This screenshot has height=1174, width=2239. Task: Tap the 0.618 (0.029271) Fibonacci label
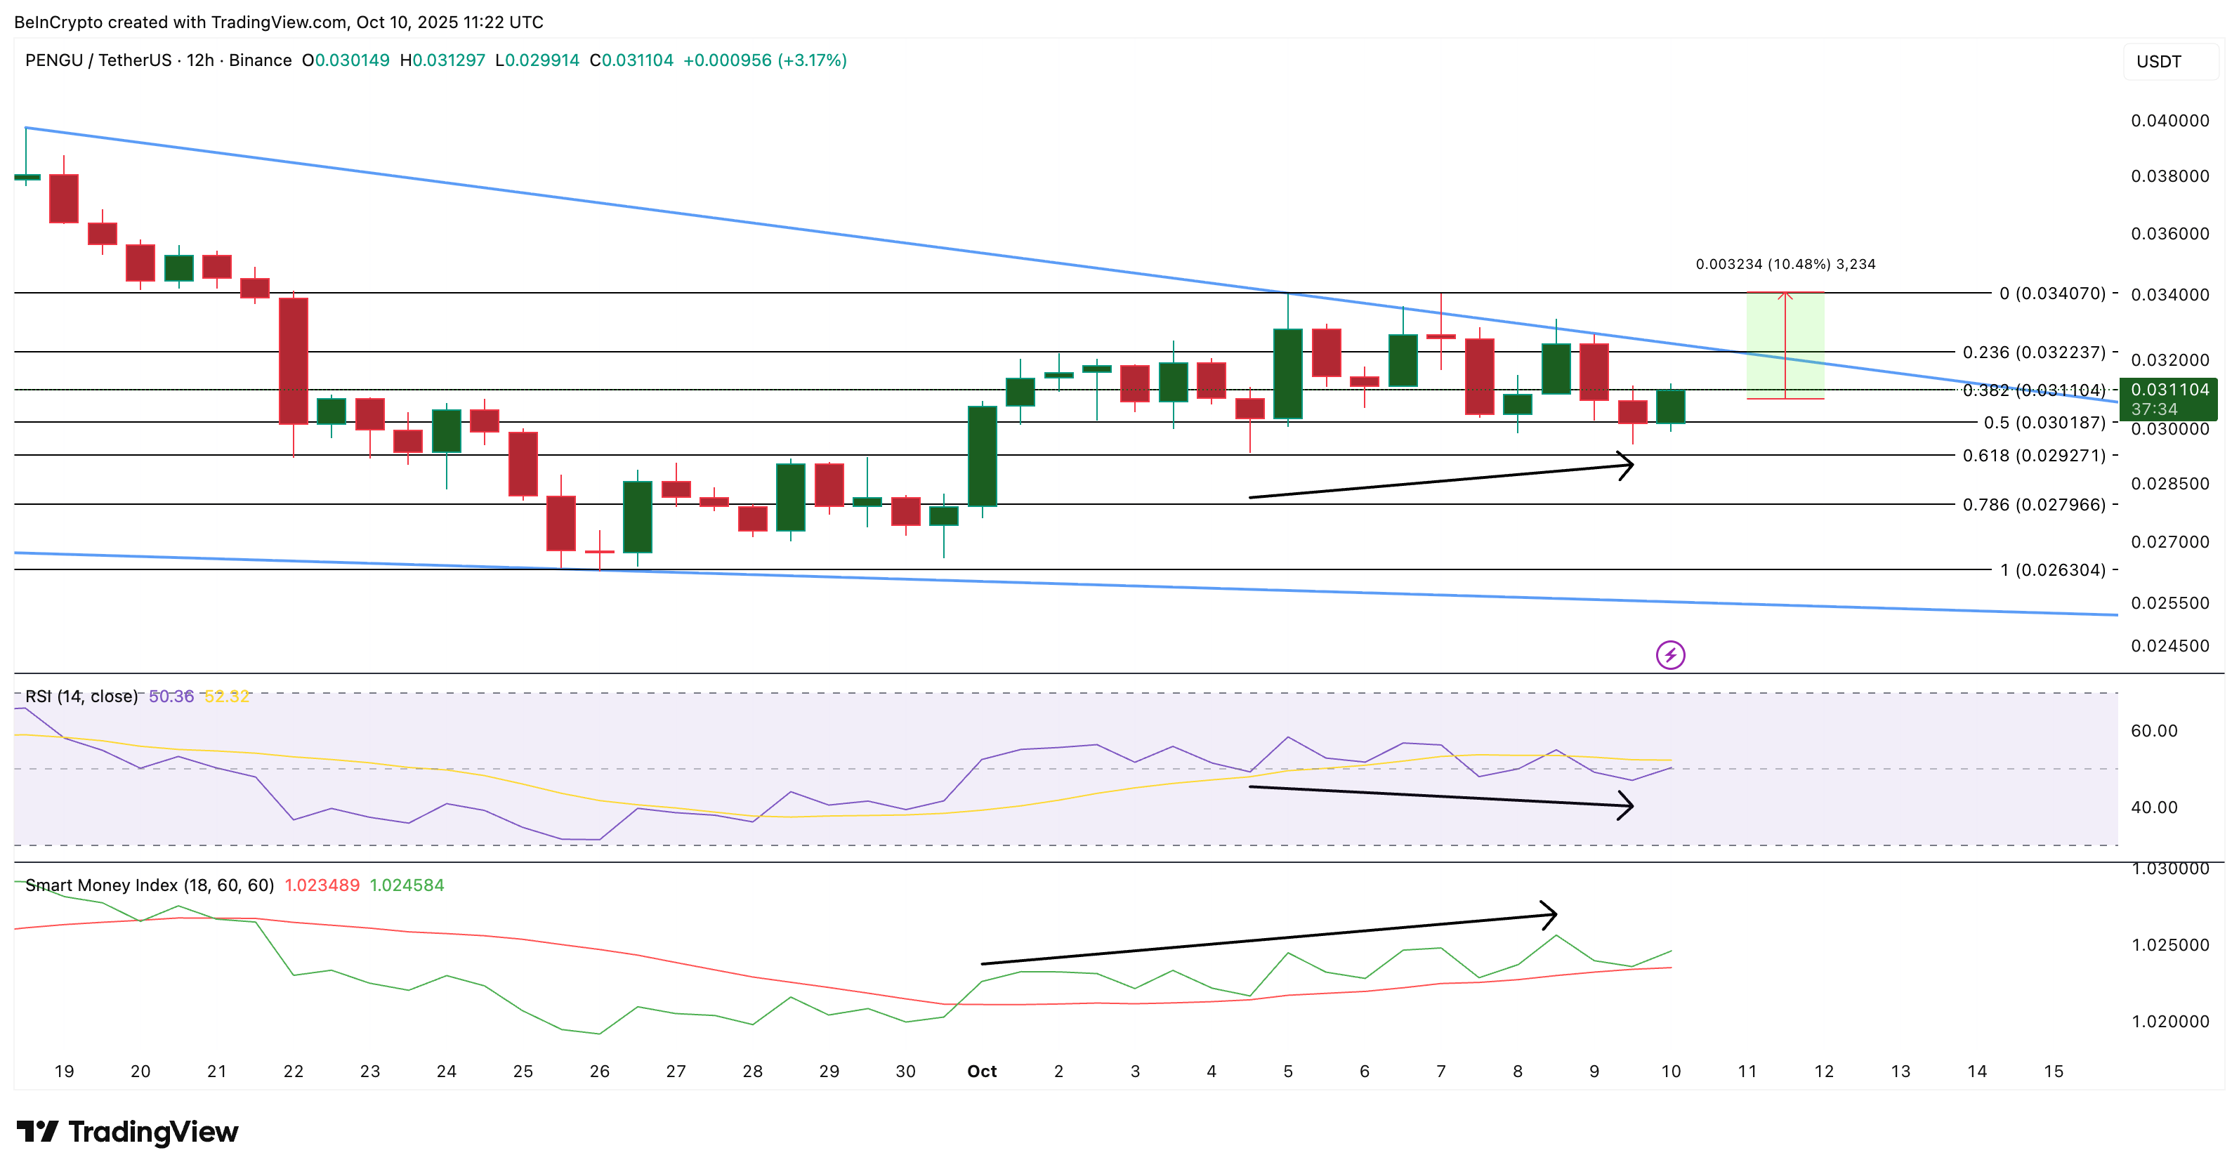coord(2034,456)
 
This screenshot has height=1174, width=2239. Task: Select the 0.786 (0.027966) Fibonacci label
coord(2034,505)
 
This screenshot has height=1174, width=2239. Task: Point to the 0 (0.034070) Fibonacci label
coord(2052,293)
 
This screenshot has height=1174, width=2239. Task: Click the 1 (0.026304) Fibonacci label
coord(2052,570)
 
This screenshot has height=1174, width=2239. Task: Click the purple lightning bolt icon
coord(1669,654)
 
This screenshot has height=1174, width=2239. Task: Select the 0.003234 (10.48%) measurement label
coord(1785,264)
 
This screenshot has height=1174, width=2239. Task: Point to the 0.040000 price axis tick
coord(2169,121)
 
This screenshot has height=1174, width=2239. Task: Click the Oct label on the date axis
coord(982,1071)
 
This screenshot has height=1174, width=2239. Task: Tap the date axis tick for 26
coord(599,1071)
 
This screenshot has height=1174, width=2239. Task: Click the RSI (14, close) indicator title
coord(81,696)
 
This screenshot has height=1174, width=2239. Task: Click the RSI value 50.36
coord(171,696)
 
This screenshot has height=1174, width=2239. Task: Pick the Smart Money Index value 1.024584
coord(407,885)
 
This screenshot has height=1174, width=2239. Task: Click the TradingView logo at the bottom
coord(127,1131)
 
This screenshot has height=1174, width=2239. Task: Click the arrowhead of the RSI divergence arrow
coord(1627,805)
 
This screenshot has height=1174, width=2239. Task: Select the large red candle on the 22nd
coord(294,361)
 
